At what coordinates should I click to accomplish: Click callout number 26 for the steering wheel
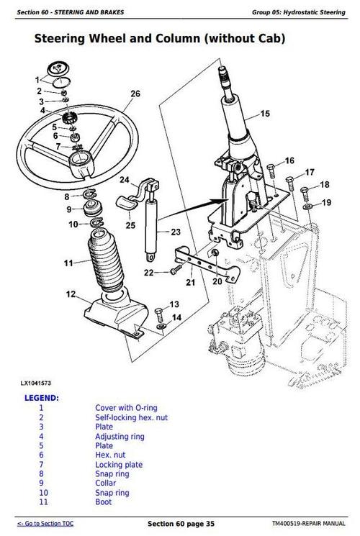pyautogui.click(x=135, y=94)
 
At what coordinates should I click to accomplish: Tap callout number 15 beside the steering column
pyautogui.click(x=265, y=114)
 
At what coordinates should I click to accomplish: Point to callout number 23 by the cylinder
pyautogui.click(x=176, y=232)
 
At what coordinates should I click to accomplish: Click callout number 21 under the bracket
pyautogui.click(x=190, y=283)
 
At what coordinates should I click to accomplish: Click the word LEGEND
pyautogui.click(x=42, y=397)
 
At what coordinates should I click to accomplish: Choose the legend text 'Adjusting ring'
pyautogui.click(x=120, y=436)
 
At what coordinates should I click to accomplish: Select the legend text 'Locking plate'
pyautogui.click(x=119, y=465)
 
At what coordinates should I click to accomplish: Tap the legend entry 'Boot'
pyautogui.click(x=103, y=502)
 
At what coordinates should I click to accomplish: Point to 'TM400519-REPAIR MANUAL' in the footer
pyautogui.click(x=309, y=523)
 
